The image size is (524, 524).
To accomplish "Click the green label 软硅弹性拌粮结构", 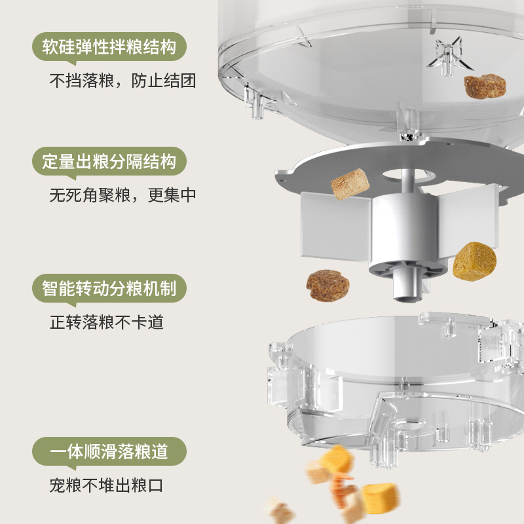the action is pyautogui.click(x=109, y=47).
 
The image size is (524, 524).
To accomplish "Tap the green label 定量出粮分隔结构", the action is pyautogui.click(x=109, y=161).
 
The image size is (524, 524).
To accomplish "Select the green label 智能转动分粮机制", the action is pyautogui.click(x=109, y=288).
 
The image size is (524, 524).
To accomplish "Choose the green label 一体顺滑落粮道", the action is pyautogui.click(x=109, y=451).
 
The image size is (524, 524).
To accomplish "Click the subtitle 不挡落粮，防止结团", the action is pyautogui.click(x=122, y=81).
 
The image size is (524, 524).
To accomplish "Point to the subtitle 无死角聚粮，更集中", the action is pyautogui.click(x=122, y=195).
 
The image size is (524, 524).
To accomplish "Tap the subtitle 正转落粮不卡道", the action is pyautogui.click(x=107, y=322).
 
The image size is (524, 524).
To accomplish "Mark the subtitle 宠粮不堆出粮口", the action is pyautogui.click(x=106, y=485).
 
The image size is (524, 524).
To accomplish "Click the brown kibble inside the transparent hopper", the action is pyautogui.click(x=485, y=86).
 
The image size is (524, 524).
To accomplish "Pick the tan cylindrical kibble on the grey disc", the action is pyautogui.click(x=350, y=184).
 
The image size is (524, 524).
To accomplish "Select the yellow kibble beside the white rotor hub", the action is pyautogui.click(x=474, y=261).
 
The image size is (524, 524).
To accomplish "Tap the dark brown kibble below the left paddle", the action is pyautogui.click(x=328, y=286).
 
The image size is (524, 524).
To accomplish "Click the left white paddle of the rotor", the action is pyautogui.click(x=336, y=225).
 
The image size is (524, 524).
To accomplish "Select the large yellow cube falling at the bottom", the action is pyautogui.click(x=381, y=498).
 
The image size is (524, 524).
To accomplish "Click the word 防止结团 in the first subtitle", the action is pyautogui.click(x=163, y=81).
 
